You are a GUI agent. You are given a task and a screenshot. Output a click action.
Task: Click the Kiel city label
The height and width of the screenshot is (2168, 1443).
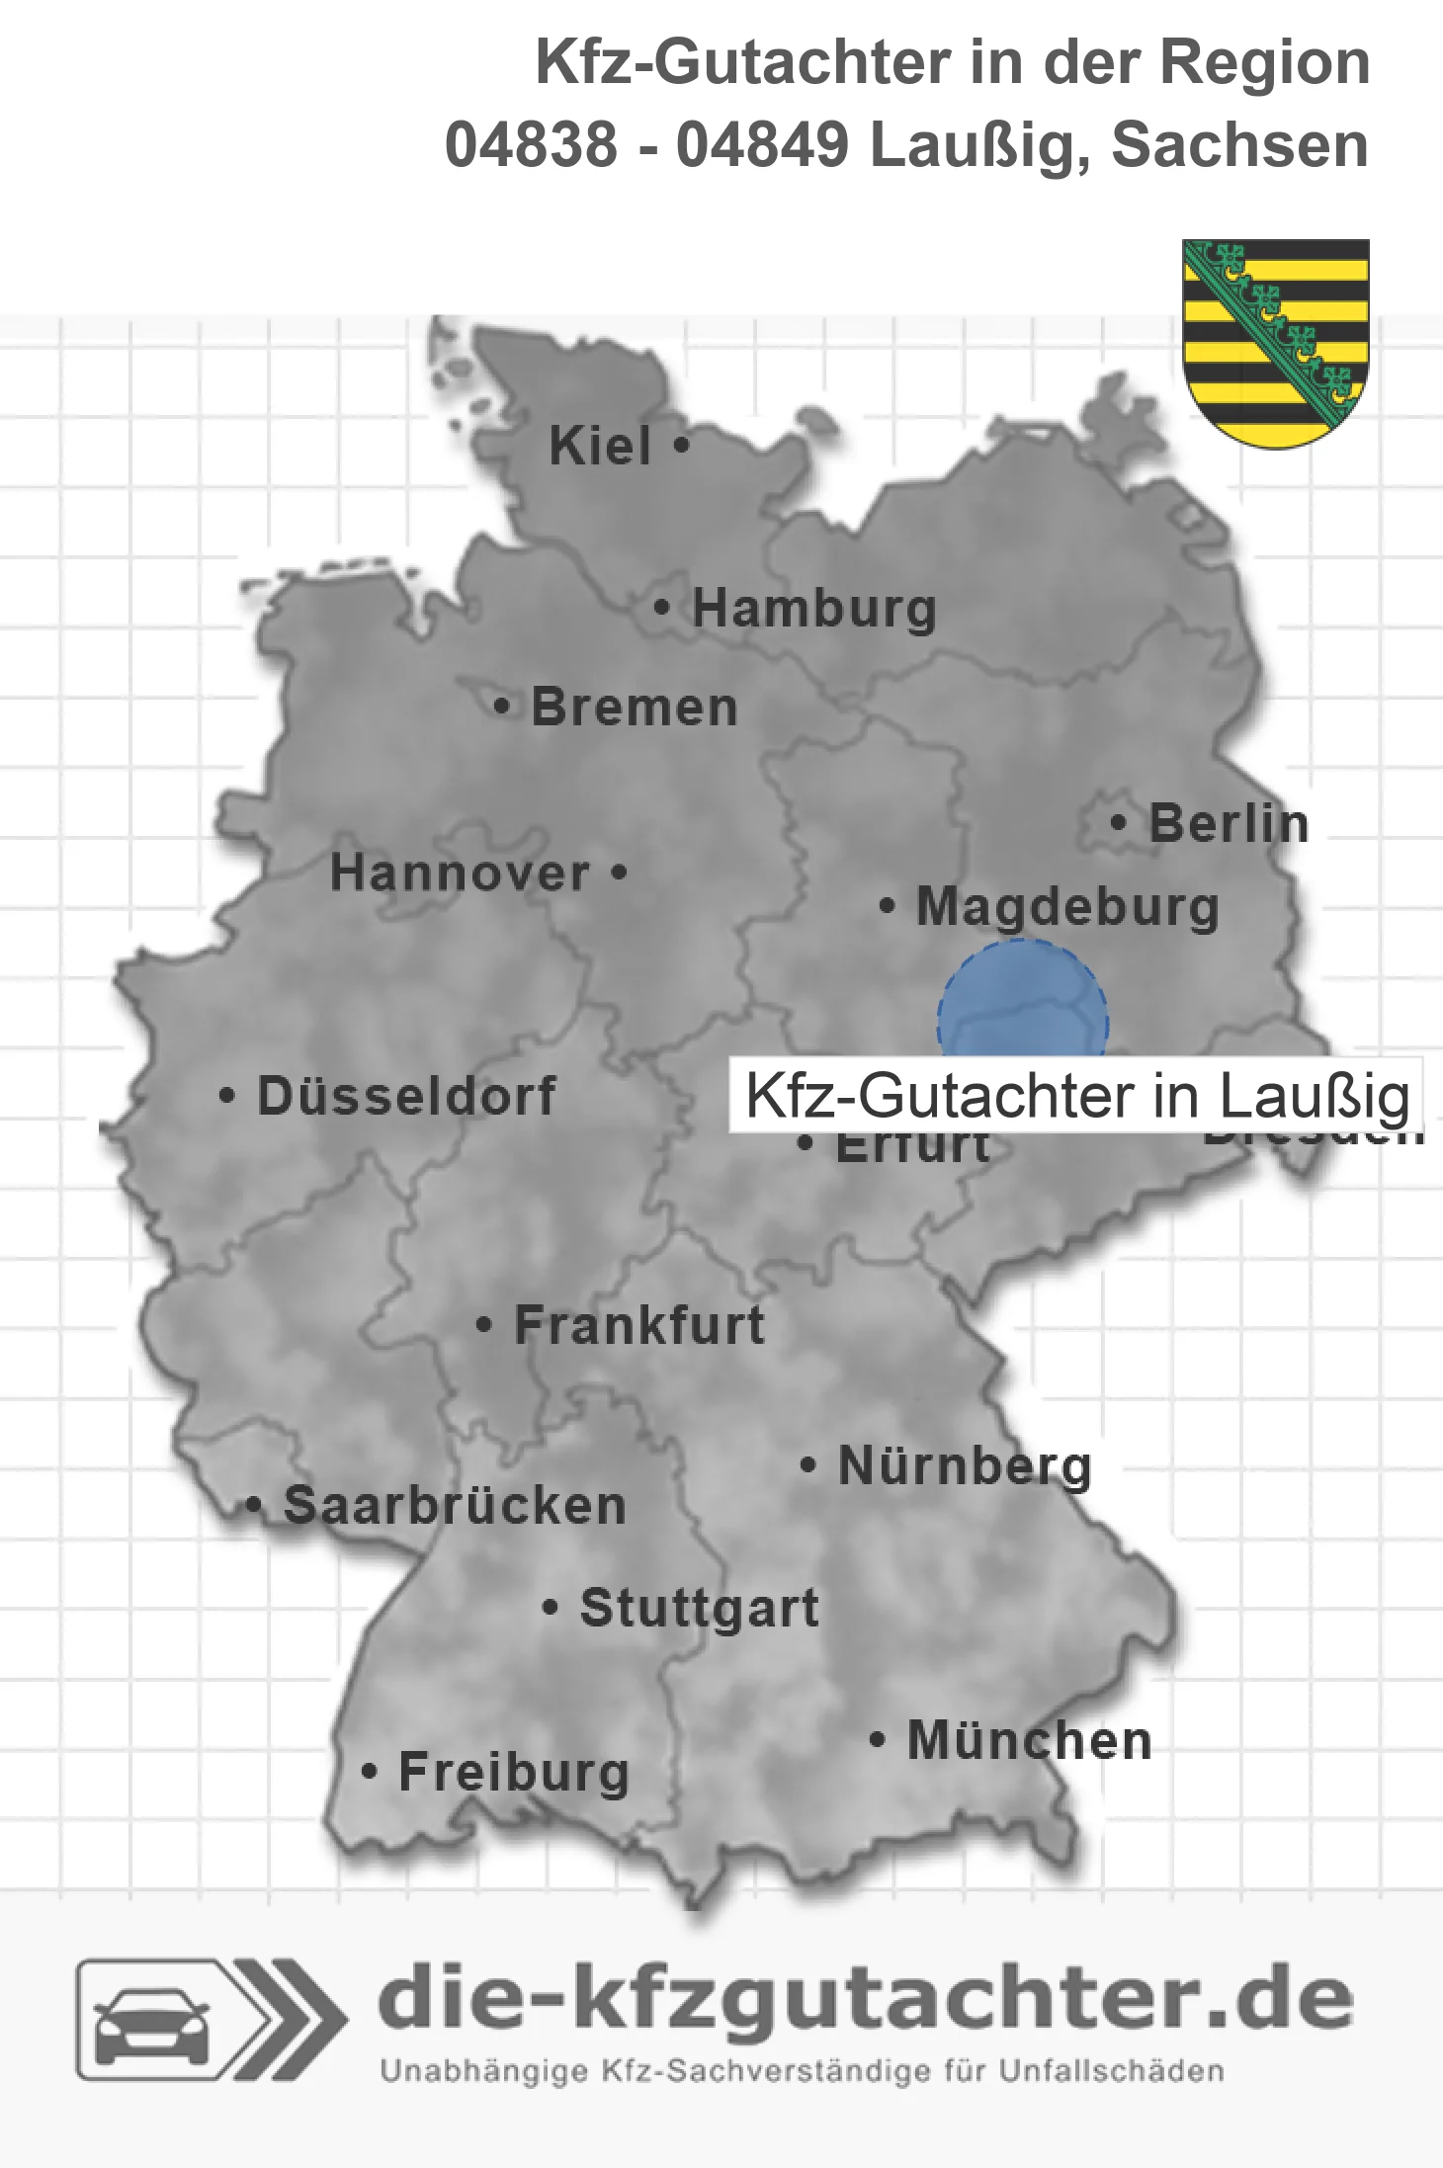click(600, 446)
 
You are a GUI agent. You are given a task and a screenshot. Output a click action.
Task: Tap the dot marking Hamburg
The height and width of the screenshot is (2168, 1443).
click(662, 608)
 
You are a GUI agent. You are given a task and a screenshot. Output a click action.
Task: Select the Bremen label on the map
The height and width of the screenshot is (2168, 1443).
click(635, 708)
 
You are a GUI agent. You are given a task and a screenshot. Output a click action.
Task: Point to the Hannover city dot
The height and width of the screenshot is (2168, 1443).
click(620, 873)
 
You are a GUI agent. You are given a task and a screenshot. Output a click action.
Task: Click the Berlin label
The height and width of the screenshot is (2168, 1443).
click(1229, 823)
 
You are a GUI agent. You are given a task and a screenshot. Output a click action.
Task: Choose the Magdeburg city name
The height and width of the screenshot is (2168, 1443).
click(1067, 906)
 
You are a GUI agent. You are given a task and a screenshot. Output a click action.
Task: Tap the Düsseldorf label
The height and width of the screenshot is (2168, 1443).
click(406, 1096)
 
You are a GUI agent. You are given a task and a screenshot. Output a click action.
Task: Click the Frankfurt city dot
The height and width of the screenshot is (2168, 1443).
click(484, 1324)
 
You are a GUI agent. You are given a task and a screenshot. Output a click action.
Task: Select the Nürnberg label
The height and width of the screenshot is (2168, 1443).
click(965, 1465)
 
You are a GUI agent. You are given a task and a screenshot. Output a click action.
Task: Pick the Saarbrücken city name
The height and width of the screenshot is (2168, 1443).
click(455, 1506)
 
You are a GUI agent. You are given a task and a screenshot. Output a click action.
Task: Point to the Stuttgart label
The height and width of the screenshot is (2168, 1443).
click(699, 1608)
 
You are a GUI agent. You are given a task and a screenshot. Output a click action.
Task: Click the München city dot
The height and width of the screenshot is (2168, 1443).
click(877, 1739)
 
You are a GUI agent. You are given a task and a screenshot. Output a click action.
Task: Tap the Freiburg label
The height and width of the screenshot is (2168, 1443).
click(514, 1772)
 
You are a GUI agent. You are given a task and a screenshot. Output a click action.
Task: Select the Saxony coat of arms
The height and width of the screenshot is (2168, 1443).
click(1276, 342)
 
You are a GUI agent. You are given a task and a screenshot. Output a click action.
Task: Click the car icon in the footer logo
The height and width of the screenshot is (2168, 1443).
click(151, 2020)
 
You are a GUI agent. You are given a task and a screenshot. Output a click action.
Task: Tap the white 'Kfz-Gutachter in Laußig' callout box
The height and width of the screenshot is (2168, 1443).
click(1075, 1096)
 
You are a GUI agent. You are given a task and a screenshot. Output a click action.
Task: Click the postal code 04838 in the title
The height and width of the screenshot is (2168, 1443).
click(531, 145)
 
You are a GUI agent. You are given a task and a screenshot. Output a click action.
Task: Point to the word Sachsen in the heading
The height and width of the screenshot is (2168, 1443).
click(1239, 145)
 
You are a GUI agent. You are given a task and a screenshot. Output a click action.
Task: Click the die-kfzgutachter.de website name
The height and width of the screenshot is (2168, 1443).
click(865, 1999)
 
